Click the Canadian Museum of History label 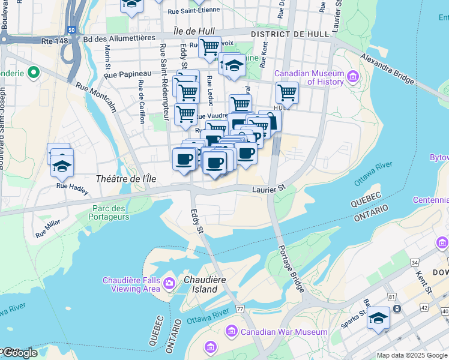coord(309,78)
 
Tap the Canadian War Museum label coord(284,332)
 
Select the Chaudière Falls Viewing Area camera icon coord(169,283)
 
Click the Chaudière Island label coord(200,284)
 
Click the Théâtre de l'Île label coord(125,179)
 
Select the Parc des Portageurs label coord(109,212)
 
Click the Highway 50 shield coord(71,29)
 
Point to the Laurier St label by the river coord(268,188)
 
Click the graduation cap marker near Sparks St coord(378,318)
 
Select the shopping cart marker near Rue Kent coord(288,93)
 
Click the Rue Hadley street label coord(72,188)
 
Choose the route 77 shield coord(240,308)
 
